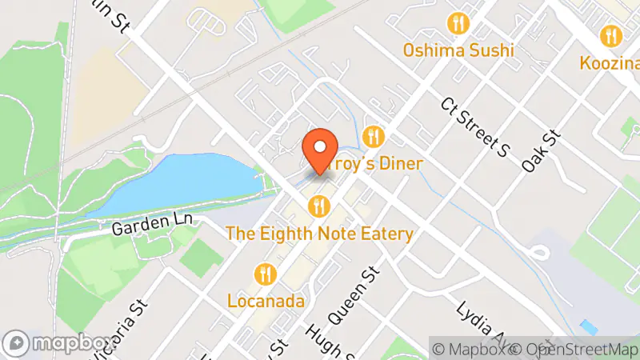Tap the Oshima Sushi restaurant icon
point(458,24)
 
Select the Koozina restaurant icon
point(611,35)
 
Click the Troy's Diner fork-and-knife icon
point(373,136)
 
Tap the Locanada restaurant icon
point(266,274)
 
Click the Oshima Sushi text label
point(458,51)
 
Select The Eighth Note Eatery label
point(320,234)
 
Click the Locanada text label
point(266,302)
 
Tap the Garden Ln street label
point(142,228)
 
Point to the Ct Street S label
point(475,126)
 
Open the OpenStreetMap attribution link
point(574,349)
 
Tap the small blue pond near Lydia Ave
point(590,327)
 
